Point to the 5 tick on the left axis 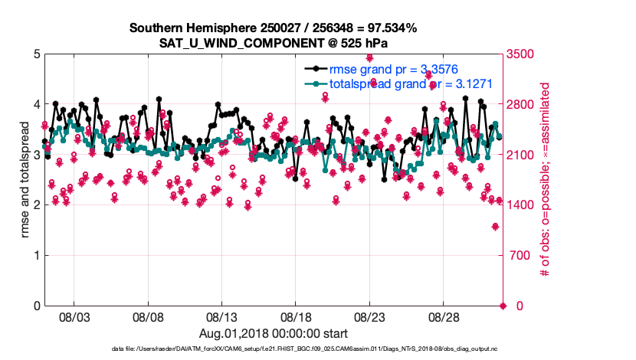(37, 54)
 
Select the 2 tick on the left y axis (37, 205)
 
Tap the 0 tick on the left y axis (37, 306)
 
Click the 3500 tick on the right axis (522, 54)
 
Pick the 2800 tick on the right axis (522, 105)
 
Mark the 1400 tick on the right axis (522, 205)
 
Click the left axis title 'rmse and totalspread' (25, 180)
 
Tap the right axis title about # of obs (546, 180)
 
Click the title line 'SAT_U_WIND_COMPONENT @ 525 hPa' (273, 43)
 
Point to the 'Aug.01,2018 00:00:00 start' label (273, 333)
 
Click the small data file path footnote (273, 349)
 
